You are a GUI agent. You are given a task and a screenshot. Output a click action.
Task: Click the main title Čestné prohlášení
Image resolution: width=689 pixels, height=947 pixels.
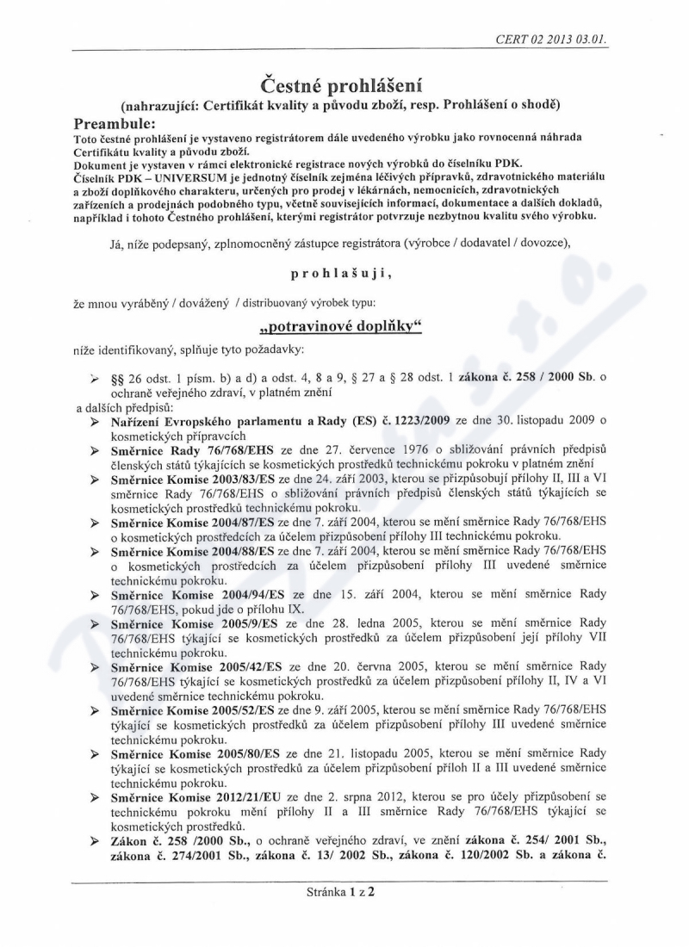coord(343,84)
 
